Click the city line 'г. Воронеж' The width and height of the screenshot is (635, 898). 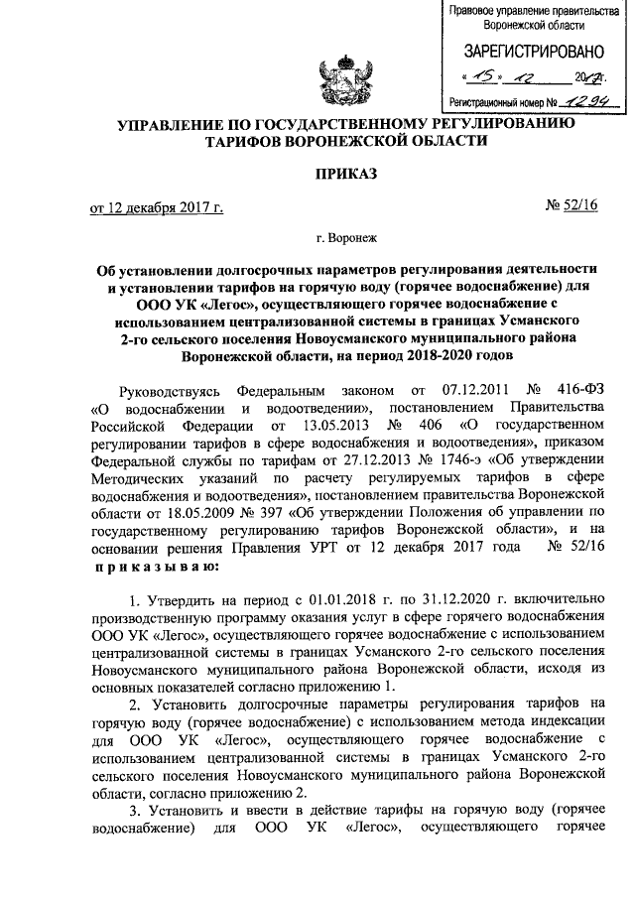pyautogui.click(x=346, y=238)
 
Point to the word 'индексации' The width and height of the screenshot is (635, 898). pyautogui.click(x=547, y=721)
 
